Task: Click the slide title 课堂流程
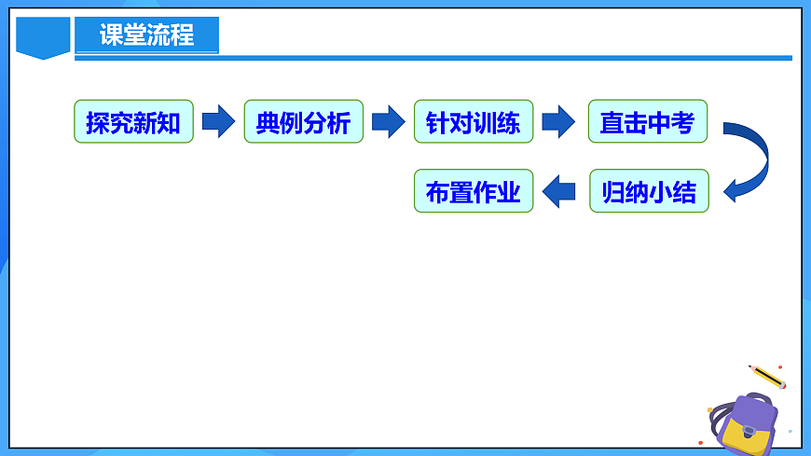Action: pos(147,35)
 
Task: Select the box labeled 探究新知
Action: pos(133,121)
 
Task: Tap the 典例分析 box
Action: pos(303,121)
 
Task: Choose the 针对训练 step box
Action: pos(474,121)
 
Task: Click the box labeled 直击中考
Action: pos(647,121)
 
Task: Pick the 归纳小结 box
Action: pos(649,191)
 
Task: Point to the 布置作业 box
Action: pos(474,191)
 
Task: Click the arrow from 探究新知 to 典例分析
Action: pos(218,121)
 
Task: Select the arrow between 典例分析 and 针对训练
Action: pos(388,121)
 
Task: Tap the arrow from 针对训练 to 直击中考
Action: pos(558,121)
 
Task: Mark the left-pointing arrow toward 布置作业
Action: pos(559,191)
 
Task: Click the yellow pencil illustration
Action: pos(767,376)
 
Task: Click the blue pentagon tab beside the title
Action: pos(44,37)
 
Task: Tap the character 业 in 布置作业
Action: pos(509,192)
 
